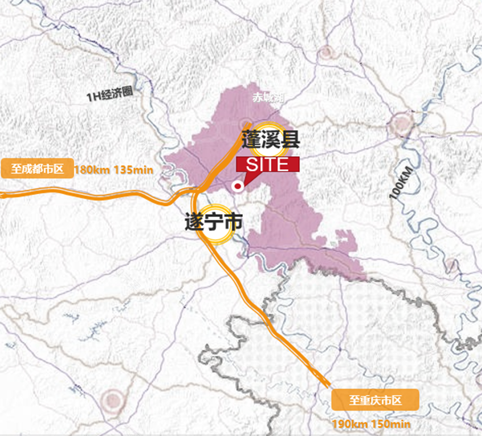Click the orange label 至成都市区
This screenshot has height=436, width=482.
tap(38, 168)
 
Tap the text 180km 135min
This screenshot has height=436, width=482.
tap(113, 170)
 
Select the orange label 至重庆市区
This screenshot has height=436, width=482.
tap(375, 400)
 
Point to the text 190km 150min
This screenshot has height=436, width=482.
tap(371, 425)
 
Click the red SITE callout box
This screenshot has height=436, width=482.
tap(268, 164)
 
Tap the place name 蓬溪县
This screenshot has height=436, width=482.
tap(271, 140)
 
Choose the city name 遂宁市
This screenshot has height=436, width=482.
tap(214, 223)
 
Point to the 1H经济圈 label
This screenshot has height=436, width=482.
tap(110, 95)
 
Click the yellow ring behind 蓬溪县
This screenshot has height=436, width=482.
tap(268, 140)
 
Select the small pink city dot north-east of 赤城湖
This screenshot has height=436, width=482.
tap(325, 53)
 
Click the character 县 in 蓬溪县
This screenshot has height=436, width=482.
tap(291, 140)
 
